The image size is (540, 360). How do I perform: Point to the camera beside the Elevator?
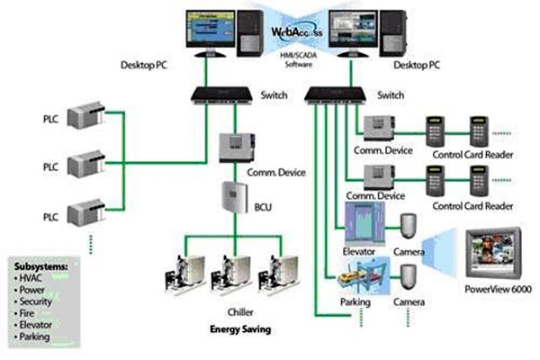tap(409, 229)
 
